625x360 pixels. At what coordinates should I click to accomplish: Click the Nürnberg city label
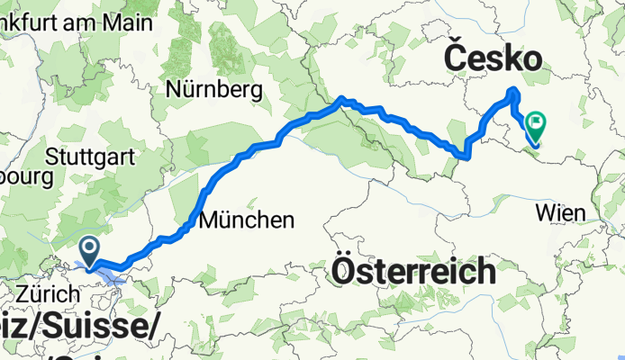(213, 89)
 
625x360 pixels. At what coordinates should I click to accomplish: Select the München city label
(247, 219)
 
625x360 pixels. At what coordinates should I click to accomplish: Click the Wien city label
(561, 212)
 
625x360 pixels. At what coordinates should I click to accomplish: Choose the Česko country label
(493, 59)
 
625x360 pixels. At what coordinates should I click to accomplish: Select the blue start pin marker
(90, 249)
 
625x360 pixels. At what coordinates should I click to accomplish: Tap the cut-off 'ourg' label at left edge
(27, 176)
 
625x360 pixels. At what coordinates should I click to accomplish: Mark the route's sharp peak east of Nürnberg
(342, 100)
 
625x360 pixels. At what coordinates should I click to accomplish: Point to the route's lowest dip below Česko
(463, 157)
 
